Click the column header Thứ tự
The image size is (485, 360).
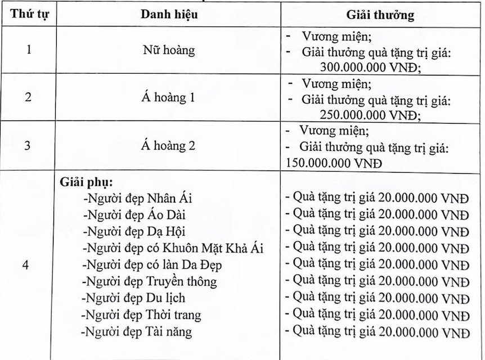click(x=29, y=15)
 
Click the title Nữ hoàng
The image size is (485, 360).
click(x=168, y=50)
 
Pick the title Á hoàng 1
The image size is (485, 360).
click(x=168, y=98)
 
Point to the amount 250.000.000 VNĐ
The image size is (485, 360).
click(x=371, y=114)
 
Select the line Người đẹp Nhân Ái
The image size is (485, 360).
click(x=138, y=199)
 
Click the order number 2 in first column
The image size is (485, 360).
click(x=29, y=98)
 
